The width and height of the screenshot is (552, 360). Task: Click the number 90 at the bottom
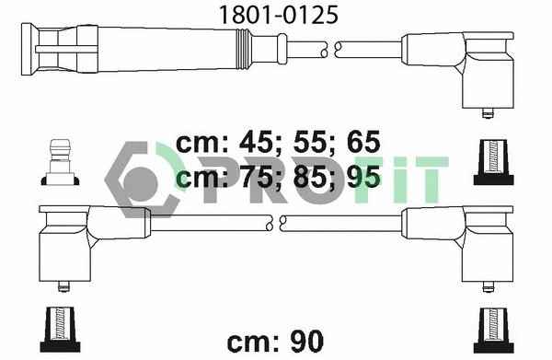305,341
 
